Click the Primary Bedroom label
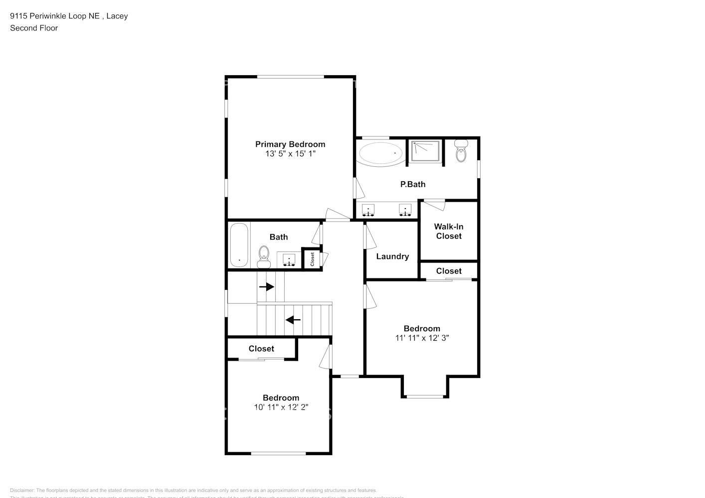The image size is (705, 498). [x=290, y=144]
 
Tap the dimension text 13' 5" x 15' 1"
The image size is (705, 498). [x=290, y=154]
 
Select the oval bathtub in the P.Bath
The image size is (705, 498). [x=381, y=153]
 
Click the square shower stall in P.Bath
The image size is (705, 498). [x=425, y=151]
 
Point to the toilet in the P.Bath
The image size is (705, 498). [x=461, y=151]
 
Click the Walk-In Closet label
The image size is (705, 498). [x=449, y=232]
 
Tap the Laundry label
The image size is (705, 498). [x=392, y=256]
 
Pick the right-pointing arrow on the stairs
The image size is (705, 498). [x=267, y=287]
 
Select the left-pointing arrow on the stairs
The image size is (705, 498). [x=293, y=320]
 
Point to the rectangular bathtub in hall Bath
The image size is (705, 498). [x=239, y=245]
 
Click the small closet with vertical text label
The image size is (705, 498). [x=312, y=259]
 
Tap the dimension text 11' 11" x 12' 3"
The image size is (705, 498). [x=422, y=338]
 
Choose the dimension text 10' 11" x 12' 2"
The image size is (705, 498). [x=281, y=407]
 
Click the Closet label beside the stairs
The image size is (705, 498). [x=261, y=349]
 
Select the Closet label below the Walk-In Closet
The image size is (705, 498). [x=449, y=271]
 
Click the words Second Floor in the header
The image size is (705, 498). [x=34, y=28]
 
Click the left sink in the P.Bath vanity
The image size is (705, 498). [x=368, y=210]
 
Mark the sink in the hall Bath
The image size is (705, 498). [x=289, y=260]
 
